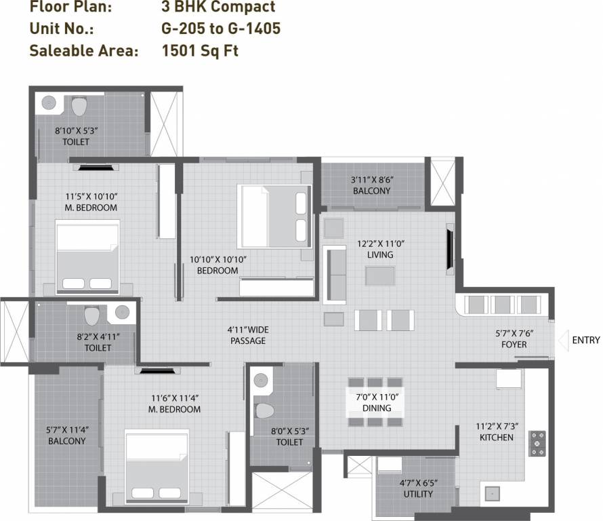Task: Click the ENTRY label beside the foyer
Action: tap(585, 340)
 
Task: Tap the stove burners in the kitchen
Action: tap(537, 442)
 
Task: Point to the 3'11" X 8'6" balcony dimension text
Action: tap(372, 180)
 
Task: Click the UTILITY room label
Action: tap(417, 494)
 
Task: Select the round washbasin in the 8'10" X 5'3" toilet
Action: tap(49, 103)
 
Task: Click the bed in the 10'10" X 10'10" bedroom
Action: tap(274, 216)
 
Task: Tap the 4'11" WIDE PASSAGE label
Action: tap(247, 335)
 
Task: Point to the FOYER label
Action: tap(511, 345)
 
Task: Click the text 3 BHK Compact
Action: tap(220, 7)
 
